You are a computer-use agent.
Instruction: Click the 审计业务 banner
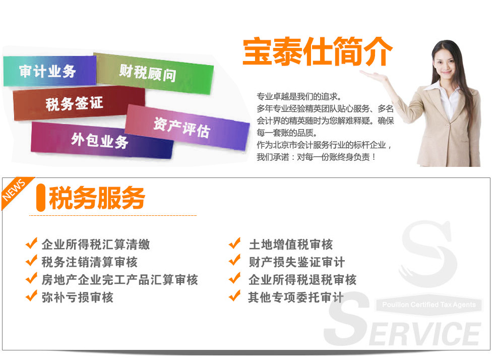point(49,71)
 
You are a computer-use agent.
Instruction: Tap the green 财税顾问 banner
point(154,74)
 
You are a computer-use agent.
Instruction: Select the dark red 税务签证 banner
point(79,103)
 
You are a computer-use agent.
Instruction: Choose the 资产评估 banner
point(187,128)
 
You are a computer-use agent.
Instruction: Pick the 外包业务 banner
point(101,140)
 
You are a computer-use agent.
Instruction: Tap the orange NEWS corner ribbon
point(16,192)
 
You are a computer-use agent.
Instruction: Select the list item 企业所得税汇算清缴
point(96,245)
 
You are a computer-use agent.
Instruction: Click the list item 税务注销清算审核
point(90,262)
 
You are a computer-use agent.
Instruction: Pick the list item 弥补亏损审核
point(78,297)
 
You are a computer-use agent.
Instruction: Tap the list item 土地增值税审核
point(291,245)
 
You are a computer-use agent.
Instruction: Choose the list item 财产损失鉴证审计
point(297,262)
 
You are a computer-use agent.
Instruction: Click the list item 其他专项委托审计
point(296,297)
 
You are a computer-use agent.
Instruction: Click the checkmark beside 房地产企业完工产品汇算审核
point(31,278)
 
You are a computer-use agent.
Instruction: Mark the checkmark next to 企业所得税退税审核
point(235,278)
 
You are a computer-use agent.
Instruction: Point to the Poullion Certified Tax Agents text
point(429,305)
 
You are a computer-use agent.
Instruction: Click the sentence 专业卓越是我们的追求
point(299,96)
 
